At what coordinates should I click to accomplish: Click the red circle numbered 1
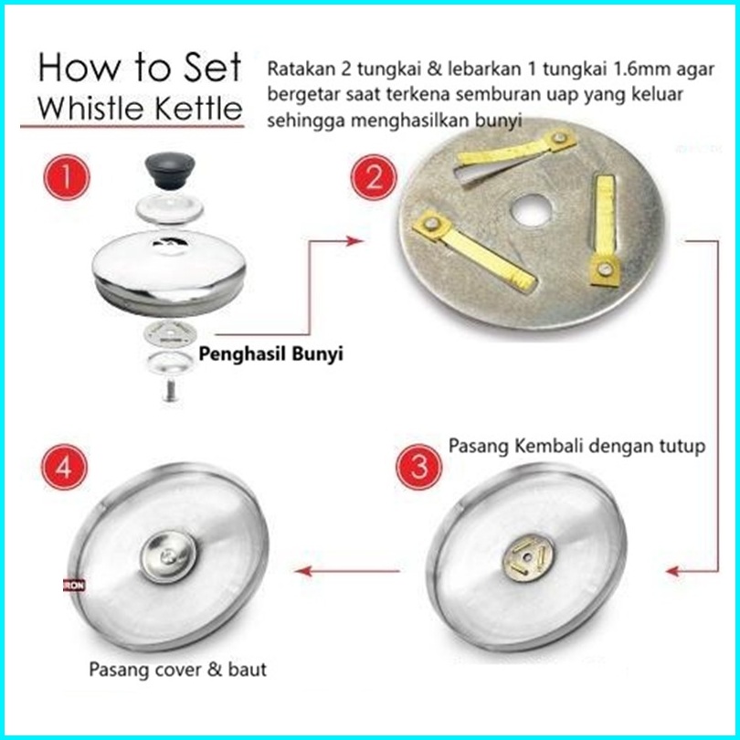pos(67,177)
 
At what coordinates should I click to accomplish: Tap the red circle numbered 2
pos(374,178)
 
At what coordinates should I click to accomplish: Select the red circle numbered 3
pos(418,466)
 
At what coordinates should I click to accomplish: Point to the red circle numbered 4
pos(64,468)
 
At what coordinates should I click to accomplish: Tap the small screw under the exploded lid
pos(170,390)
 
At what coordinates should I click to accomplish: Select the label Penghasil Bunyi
pos(270,354)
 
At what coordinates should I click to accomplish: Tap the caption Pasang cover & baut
pos(177,670)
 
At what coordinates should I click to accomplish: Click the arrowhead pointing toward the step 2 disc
pos(354,240)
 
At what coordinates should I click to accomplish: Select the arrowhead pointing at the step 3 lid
pos(674,571)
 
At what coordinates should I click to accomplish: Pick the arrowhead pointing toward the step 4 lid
pos(302,571)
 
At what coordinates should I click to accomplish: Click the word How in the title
pos(79,68)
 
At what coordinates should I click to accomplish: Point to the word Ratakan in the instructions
pos(301,69)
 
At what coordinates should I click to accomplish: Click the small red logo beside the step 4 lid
pos(74,586)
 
